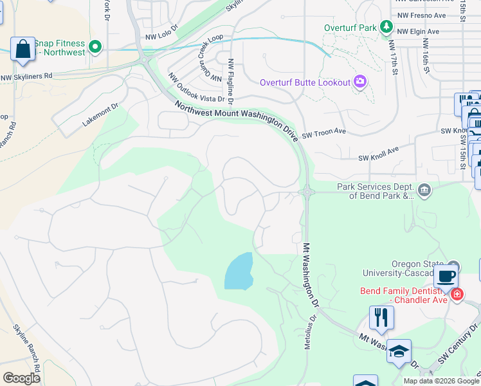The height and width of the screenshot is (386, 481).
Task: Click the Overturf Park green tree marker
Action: (386, 27)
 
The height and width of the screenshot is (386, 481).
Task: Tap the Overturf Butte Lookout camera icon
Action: (359, 82)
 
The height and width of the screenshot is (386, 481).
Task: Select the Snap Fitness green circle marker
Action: (95, 46)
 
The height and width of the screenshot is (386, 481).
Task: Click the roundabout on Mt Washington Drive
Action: (307, 191)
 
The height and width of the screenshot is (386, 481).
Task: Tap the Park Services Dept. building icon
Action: (424, 189)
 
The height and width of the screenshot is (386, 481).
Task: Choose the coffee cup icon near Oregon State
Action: (446, 277)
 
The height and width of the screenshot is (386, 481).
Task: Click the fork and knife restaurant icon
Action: (381, 317)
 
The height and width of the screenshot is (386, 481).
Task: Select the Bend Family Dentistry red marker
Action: (457, 295)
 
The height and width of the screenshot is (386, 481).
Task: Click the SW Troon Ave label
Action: (324, 131)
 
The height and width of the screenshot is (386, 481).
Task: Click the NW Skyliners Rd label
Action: (26, 77)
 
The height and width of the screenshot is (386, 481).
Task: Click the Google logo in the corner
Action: (21, 378)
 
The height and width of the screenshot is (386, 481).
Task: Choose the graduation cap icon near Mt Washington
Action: (399, 351)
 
